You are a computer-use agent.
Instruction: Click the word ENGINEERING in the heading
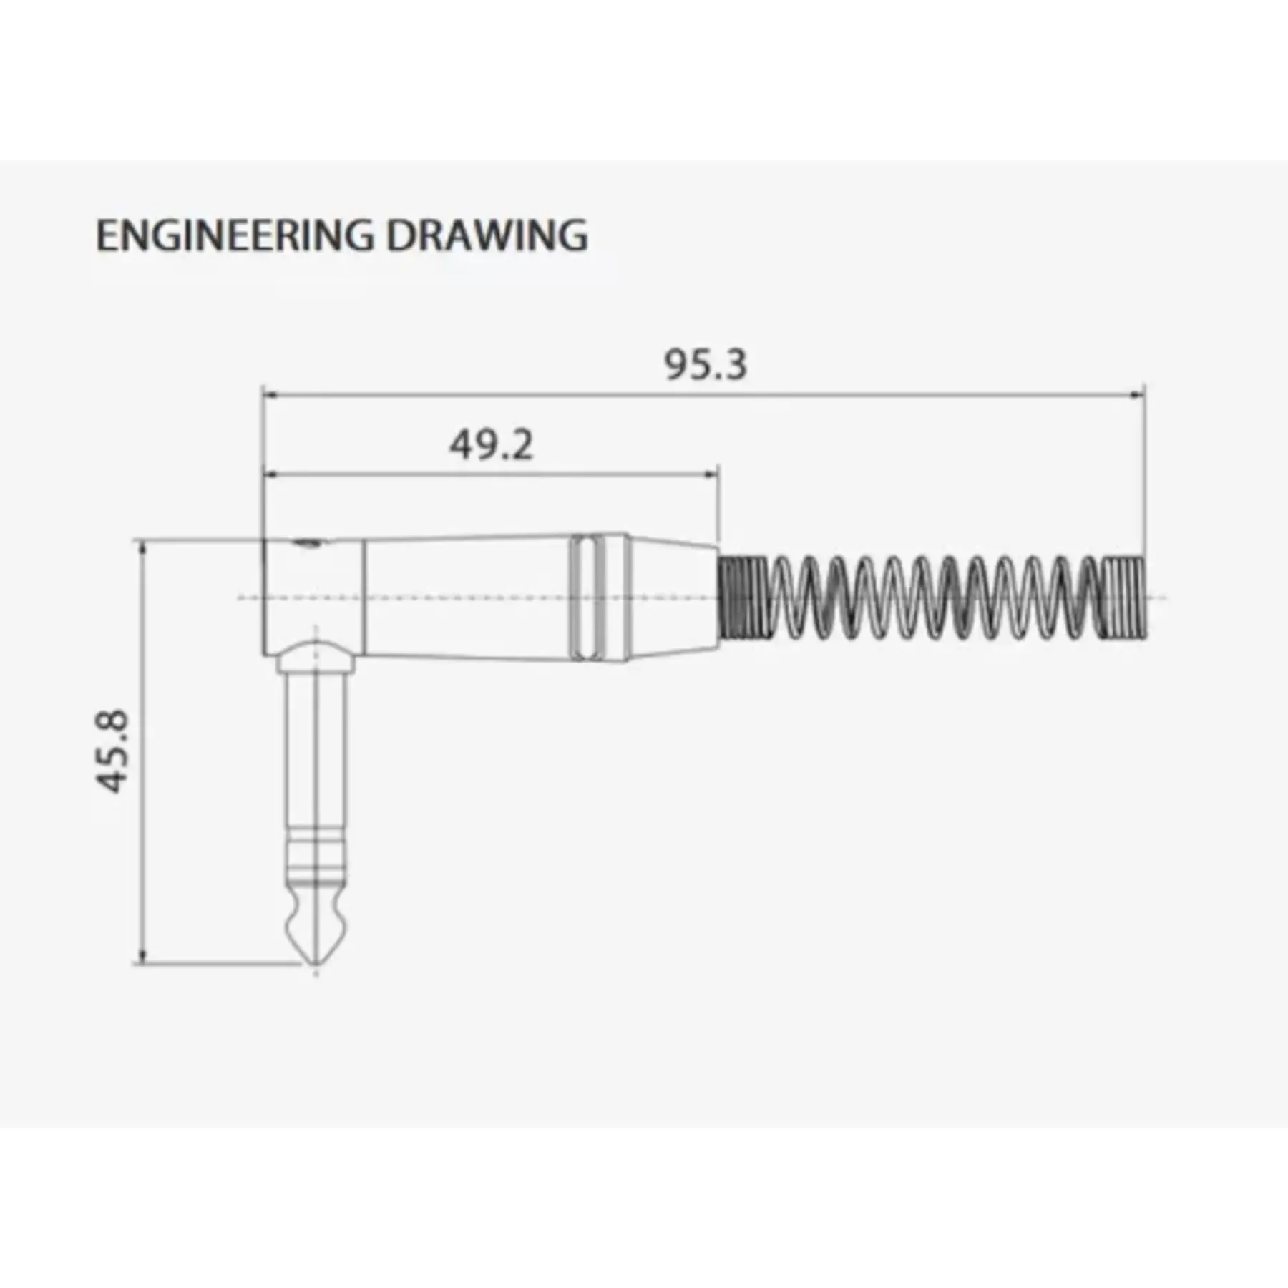pos(235,235)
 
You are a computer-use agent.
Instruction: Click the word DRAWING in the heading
pos(487,235)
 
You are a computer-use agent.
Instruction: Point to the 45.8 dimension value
pos(112,751)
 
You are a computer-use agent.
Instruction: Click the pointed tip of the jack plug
pos(316,964)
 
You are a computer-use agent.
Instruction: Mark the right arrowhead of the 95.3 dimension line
pos(1136,394)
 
